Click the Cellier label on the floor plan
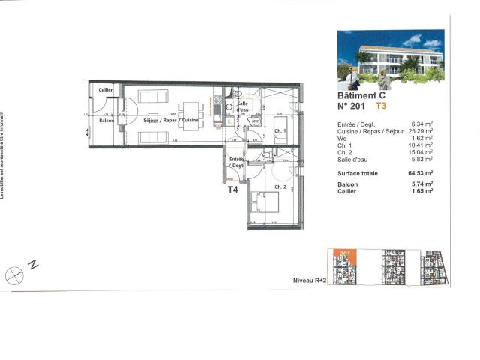tap(105, 91)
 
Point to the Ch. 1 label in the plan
tap(280, 131)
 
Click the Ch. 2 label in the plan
tap(281, 187)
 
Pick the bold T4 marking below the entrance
tap(233, 190)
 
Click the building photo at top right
tap(390, 59)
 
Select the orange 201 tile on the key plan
tap(345, 255)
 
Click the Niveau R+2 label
tap(309, 279)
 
